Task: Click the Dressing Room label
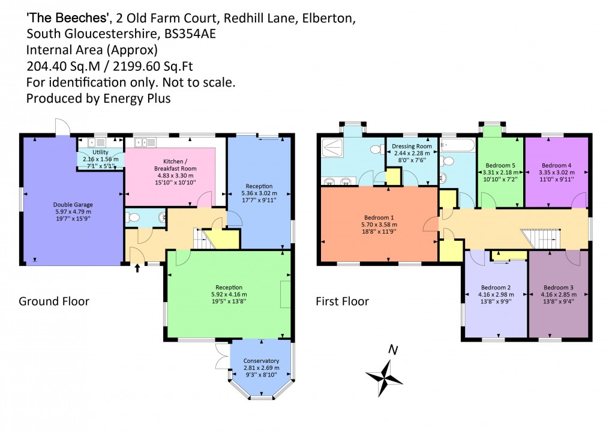pos(412,147)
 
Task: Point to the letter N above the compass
pos(393,350)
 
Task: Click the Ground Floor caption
pos(54,301)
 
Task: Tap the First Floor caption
pos(343,301)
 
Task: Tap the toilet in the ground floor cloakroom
pos(134,217)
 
